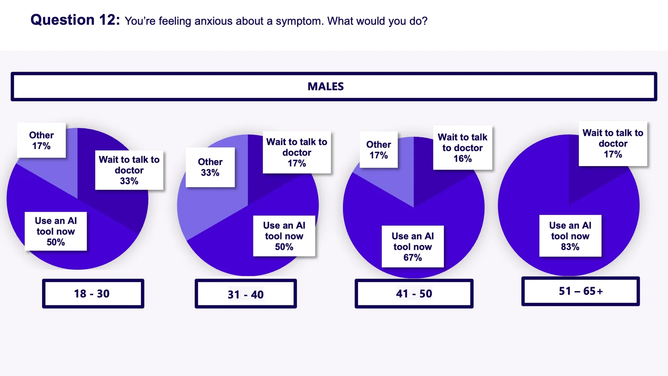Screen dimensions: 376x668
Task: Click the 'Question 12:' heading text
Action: click(75, 20)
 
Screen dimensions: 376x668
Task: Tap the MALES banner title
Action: click(326, 86)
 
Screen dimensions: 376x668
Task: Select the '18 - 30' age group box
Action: click(93, 293)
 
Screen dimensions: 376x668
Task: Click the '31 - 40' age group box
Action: click(246, 294)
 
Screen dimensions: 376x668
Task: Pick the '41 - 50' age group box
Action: click(414, 293)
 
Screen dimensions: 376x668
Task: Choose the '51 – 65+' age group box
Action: click(580, 291)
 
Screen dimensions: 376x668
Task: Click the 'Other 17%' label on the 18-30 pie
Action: click(41, 140)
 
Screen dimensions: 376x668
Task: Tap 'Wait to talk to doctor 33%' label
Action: click(129, 170)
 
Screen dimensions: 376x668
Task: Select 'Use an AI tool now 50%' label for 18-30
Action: click(56, 232)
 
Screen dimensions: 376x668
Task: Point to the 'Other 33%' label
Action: click(210, 167)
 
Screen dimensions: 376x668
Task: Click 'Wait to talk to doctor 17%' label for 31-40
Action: click(297, 152)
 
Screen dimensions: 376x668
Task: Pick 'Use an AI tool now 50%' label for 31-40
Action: click(284, 236)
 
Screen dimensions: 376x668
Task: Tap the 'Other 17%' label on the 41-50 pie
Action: click(379, 150)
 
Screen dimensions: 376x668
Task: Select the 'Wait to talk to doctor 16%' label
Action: click(462, 148)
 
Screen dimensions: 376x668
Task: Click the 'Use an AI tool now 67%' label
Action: click(413, 247)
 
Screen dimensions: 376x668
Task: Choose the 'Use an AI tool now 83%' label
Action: click(570, 236)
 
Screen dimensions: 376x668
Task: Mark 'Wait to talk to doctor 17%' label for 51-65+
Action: click(613, 143)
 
